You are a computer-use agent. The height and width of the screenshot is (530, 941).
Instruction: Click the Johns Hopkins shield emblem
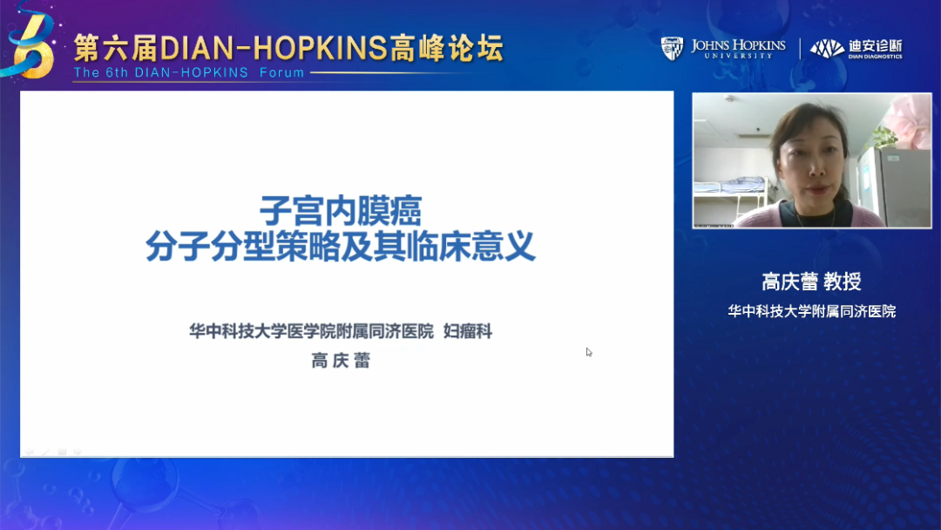coord(672,49)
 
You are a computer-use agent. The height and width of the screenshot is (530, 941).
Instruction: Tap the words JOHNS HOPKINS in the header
coord(738,45)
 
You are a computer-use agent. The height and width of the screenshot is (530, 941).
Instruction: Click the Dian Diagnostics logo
coord(856,49)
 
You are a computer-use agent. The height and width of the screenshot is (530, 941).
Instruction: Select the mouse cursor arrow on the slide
coord(589,352)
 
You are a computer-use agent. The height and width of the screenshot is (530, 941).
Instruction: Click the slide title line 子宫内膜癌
coord(341,211)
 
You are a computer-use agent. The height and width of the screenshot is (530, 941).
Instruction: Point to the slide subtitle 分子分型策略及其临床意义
coord(341,246)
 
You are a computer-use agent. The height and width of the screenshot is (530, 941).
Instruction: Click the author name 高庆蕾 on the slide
coord(341,360)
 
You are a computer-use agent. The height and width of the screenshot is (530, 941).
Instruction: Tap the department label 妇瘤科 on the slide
coord(468,330)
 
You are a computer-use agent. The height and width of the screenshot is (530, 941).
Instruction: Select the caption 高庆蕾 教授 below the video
coord(811,281)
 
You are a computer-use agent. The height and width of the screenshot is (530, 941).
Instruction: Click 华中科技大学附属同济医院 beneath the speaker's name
coord(811,311)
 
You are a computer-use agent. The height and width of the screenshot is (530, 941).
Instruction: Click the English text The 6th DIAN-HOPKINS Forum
coord(189,72)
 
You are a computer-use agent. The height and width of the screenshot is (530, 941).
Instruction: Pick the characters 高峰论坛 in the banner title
coord(447,48)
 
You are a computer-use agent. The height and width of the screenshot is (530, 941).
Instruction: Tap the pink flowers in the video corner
coord(909,120)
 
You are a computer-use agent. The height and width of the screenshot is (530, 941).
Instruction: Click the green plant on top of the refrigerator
coord(881,139)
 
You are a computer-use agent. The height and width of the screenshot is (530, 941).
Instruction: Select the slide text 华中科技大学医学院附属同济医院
coord(311,330)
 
